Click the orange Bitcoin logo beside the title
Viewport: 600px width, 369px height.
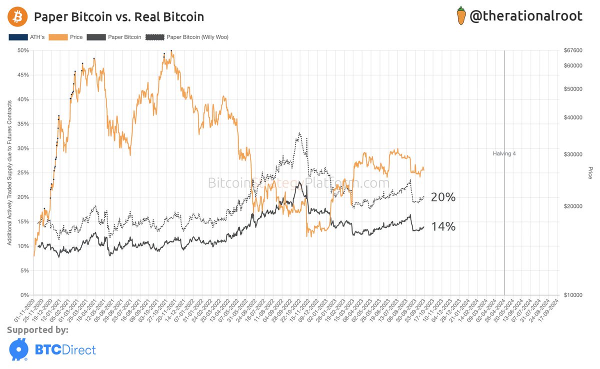click(17, 17)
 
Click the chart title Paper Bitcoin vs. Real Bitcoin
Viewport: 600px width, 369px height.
click(118, 17)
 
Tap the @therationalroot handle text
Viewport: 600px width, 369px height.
click(526, 16)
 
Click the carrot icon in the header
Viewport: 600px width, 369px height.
click(461, 16)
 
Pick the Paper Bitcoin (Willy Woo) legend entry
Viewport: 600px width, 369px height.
click(187, 37)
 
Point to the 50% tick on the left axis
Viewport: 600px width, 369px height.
click(23, 50)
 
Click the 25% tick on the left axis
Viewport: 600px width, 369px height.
click(23, 172)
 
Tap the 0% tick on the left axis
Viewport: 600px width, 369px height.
click(25, 295)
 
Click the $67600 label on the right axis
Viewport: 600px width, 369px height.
click(573, 50)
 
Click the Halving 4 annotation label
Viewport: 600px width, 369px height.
click(503, 153)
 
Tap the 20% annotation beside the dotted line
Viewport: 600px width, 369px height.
click(443, 197)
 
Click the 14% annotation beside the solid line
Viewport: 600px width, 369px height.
click(443, 226)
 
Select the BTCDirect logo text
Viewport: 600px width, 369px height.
click(64, 349)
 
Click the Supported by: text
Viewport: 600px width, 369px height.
click(38, 330)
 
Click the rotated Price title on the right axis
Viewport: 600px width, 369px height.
click(590, 172)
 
